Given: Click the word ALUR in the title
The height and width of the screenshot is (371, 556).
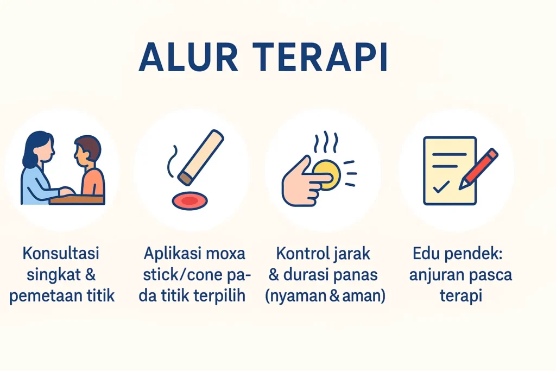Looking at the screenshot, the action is tap(188, 58).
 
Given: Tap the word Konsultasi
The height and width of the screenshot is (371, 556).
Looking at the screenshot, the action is tap(61, 254).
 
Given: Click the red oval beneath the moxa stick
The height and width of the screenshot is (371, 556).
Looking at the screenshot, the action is tap(189, 201).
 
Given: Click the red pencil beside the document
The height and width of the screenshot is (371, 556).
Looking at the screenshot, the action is tap(479, 169).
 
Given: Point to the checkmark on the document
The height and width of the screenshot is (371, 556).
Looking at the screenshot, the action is tap(441, 187).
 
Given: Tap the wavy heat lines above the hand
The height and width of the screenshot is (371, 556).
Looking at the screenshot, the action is tap(326, 142).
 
